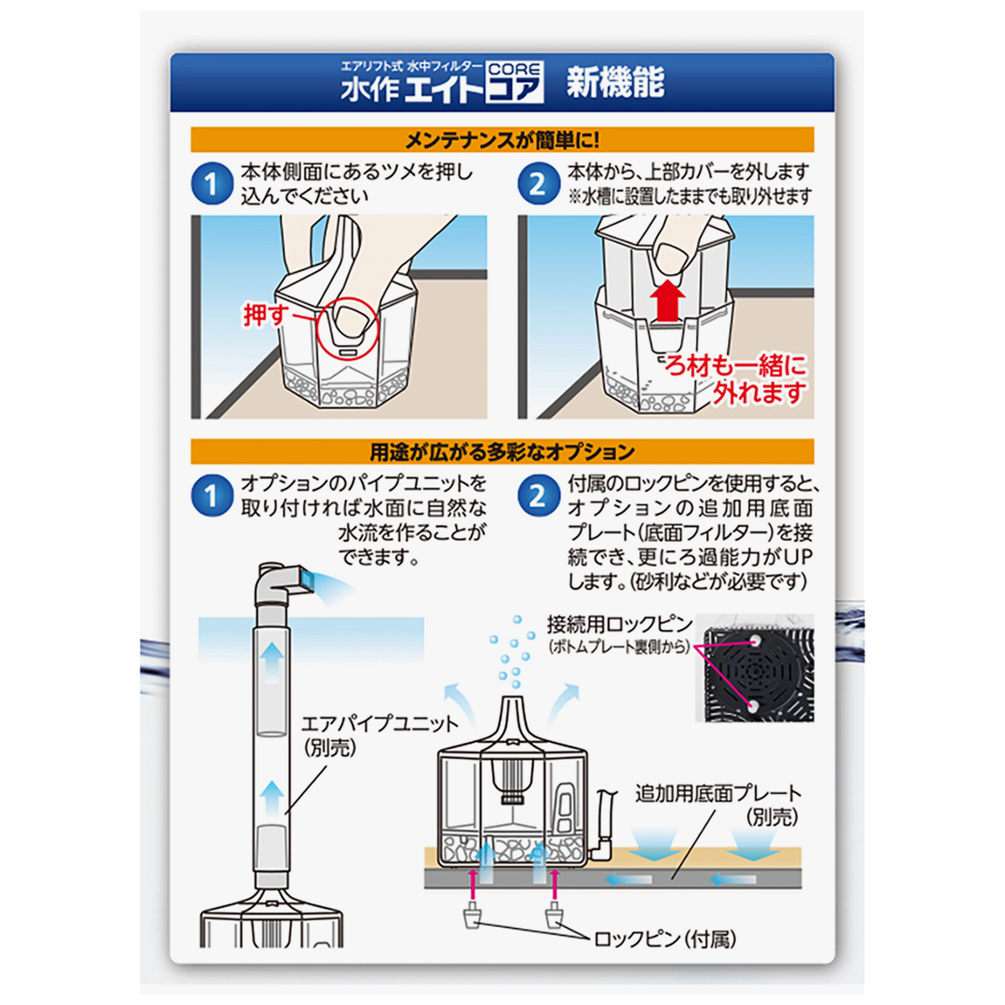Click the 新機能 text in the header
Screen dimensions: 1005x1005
point(615,85)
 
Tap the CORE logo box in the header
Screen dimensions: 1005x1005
point(515,83)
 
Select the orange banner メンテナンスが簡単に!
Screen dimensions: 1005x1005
point(502,140)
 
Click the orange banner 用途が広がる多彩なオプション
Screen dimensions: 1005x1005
point(502,452)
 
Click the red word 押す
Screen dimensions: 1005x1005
point(265,316)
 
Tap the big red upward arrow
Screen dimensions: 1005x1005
point(667,301)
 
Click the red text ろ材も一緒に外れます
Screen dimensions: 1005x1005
point(737,379)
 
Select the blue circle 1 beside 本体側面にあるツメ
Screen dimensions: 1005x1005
point(211,184)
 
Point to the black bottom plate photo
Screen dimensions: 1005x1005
point(759,673)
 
